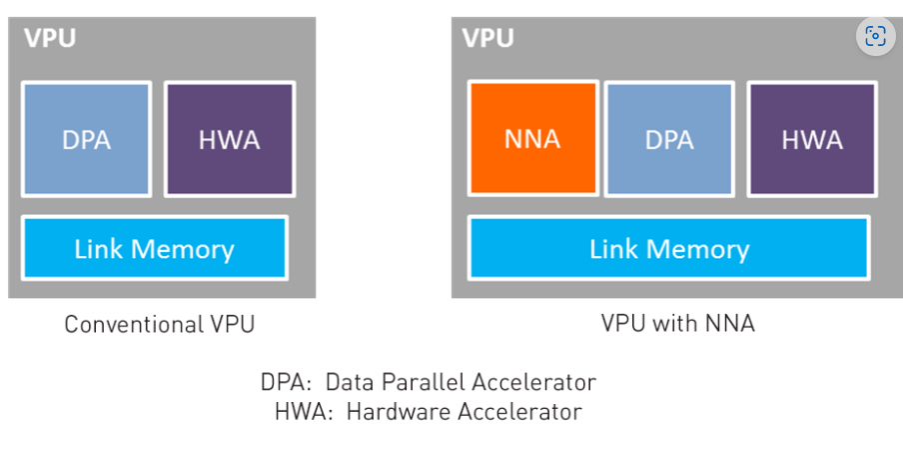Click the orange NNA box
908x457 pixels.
tap(532, 139)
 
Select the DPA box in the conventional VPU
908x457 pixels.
tap(86, 139)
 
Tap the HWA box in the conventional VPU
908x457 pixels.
tap(230, 139)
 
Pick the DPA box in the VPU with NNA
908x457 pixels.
tap(669, 139)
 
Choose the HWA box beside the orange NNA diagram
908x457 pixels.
tap(812, 139)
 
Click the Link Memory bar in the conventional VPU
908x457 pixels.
tap(154, 248)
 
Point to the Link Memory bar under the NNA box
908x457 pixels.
tap(668, 248)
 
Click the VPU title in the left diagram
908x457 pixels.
tap(49, 39)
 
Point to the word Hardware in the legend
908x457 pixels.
tap(394, 411)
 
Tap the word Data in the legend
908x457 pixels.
tap(346, 382)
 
